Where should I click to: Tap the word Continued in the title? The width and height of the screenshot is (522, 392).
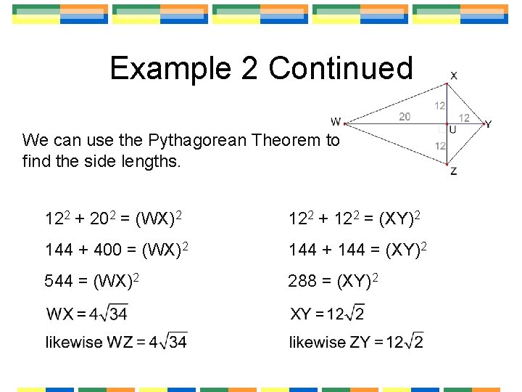pyautogui.click(x=340, y=69)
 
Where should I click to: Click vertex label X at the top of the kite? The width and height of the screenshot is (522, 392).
pyautogui.click(x=454, y=76)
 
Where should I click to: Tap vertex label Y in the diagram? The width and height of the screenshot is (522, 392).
pyautogui.click(x=489, y=124)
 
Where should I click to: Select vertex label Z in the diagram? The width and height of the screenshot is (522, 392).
pyautogui.click(x=453, y=172)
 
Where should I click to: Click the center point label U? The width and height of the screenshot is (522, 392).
pyautogui.click(x=452, y=130)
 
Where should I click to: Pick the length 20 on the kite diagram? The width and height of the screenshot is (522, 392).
pyautogui.click(x=405, y=116)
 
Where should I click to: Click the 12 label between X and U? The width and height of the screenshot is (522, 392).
pyautogui.click(x=440, y=106)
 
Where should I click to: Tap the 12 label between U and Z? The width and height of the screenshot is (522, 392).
pyautogui.click(x=440, y=146)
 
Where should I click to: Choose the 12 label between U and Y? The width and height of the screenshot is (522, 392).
pyautogui.click(x=464, y=118)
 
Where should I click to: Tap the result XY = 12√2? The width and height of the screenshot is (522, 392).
pyautogui.click(x=327, y=314)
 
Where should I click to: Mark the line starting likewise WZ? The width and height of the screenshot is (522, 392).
pyautogui.click(x=116, y=341)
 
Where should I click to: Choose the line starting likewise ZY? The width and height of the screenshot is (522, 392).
pyautogui.click(x=356, y=341)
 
